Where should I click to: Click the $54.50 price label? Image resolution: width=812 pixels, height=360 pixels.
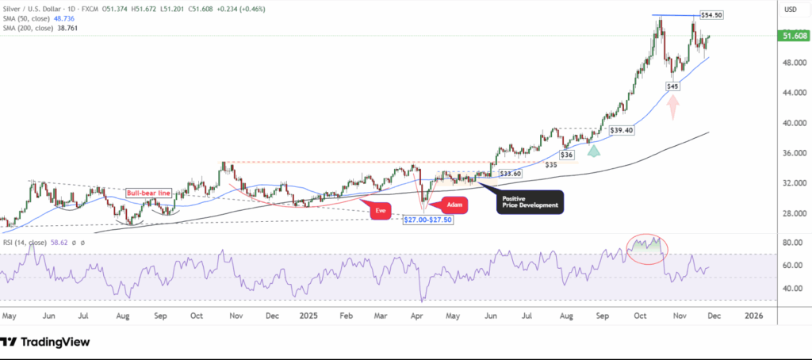pos(712,15)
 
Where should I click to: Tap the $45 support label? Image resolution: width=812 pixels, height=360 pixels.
pos(672,86)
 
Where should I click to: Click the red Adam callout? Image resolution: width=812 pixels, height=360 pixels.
pos(454,205)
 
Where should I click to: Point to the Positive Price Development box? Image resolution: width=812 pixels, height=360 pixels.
pos(529,201)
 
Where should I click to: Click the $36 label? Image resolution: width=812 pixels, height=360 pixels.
pos(567,155)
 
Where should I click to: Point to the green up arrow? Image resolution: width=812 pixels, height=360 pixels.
pos(592,149)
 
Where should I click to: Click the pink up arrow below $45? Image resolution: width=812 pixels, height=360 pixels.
pos(672,107)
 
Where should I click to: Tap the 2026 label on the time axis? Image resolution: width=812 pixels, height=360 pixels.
pos(753,315)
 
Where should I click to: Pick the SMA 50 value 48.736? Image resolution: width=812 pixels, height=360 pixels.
pos(63,19)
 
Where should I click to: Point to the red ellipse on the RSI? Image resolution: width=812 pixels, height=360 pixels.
pos(647,248)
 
